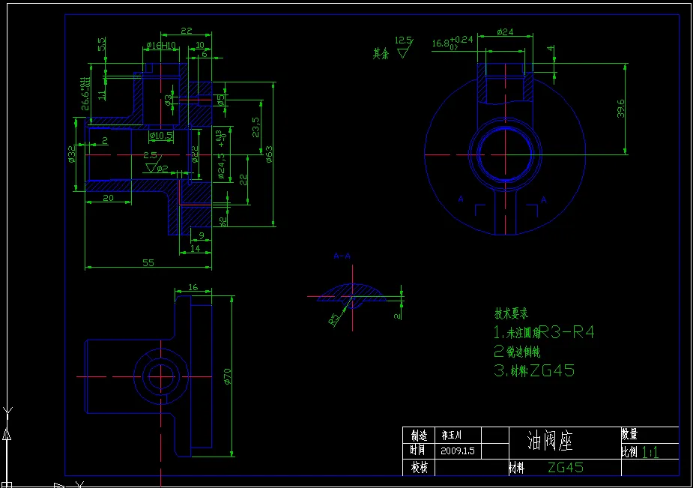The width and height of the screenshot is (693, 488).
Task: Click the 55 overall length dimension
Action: click(148, 262)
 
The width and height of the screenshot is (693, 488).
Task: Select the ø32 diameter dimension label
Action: click(71, 154)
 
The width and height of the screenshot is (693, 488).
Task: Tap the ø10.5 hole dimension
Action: click(161, 136)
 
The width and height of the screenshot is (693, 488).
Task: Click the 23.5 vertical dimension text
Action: click(255, 127)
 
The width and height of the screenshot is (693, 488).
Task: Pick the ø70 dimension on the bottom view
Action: click(228, 376)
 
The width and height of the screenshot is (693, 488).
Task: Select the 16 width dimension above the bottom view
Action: click(193, 287)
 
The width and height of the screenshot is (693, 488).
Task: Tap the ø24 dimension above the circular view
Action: click(505, 32)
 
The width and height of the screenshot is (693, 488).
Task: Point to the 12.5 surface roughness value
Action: click(403, 40)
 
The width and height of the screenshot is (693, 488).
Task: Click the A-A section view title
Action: click(342, 256)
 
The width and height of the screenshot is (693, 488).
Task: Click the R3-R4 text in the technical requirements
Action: click(567, 332)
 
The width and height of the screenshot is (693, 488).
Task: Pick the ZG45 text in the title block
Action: click(566, 467)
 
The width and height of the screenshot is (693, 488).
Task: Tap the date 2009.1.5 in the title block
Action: click(459, 451)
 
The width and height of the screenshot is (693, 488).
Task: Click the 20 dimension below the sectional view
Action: click(108, 198)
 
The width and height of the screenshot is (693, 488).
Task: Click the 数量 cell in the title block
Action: click(629, 434)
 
